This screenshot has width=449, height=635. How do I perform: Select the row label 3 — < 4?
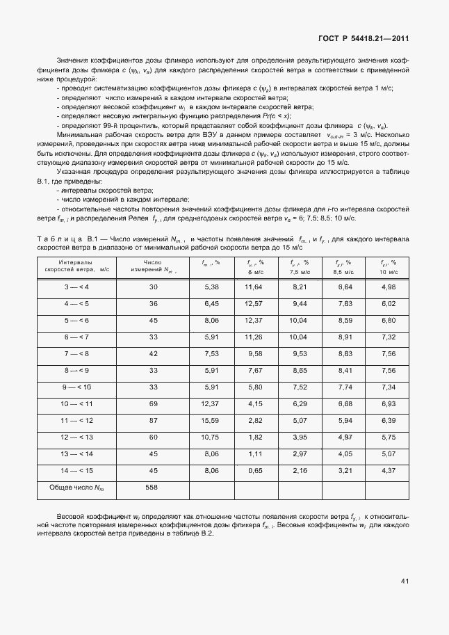76,287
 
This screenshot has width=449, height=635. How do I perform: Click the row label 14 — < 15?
76,470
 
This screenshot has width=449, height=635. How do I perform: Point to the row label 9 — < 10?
76,387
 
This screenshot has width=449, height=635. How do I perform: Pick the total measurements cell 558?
153,488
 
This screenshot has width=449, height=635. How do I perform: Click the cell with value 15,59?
210,420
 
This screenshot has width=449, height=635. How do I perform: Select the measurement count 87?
153,420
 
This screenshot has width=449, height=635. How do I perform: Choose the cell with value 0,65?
254,470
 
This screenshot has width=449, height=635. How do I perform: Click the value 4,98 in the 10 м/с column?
389,287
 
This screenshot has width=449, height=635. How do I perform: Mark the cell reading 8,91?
345,337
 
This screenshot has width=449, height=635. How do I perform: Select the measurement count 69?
153,403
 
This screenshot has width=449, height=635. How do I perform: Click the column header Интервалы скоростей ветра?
76,265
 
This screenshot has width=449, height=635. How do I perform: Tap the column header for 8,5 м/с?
345,266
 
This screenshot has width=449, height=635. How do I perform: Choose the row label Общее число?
76,488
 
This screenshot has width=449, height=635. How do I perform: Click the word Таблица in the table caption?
60,239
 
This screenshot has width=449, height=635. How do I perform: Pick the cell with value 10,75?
210,437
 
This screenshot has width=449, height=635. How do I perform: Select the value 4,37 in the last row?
389,470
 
